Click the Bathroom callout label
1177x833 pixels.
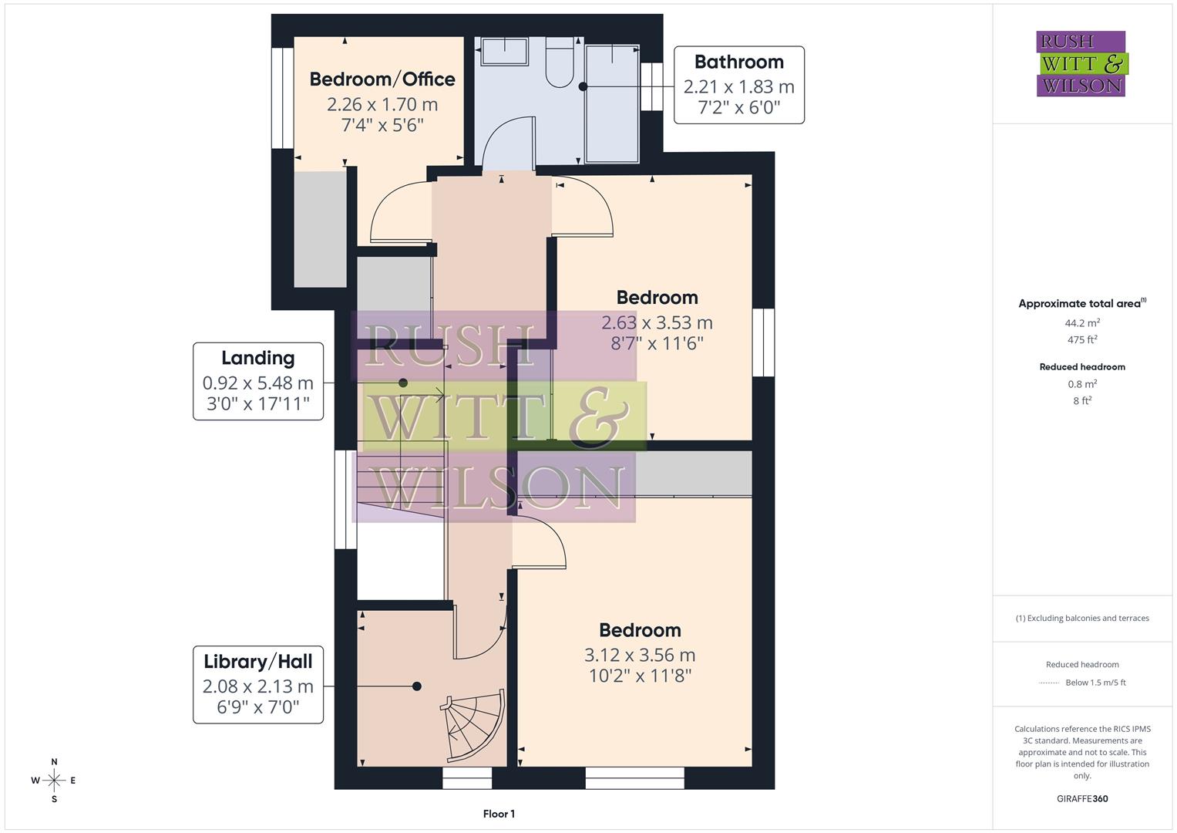(738, 85)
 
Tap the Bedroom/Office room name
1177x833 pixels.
(382, 79)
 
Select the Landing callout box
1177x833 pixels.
(257, 381)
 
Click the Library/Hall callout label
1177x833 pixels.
(257, 684)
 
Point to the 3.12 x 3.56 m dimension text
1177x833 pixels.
(640, 656)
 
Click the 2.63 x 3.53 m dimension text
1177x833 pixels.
(657, 323)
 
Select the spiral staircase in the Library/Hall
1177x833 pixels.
(473, 725)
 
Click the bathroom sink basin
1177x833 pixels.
(505, 53)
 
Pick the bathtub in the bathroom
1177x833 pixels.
(612, 104)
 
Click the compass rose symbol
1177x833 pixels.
(54, 781)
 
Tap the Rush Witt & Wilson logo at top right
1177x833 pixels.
(1081, 64)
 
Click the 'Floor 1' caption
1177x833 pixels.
(499, 814)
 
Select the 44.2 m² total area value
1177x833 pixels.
(1082, 323)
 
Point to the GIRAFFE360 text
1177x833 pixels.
(1082, 798)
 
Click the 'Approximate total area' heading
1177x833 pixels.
(1081, 304)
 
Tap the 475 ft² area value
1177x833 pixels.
(1082, 340)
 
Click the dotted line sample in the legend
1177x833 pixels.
(1049, 683)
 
